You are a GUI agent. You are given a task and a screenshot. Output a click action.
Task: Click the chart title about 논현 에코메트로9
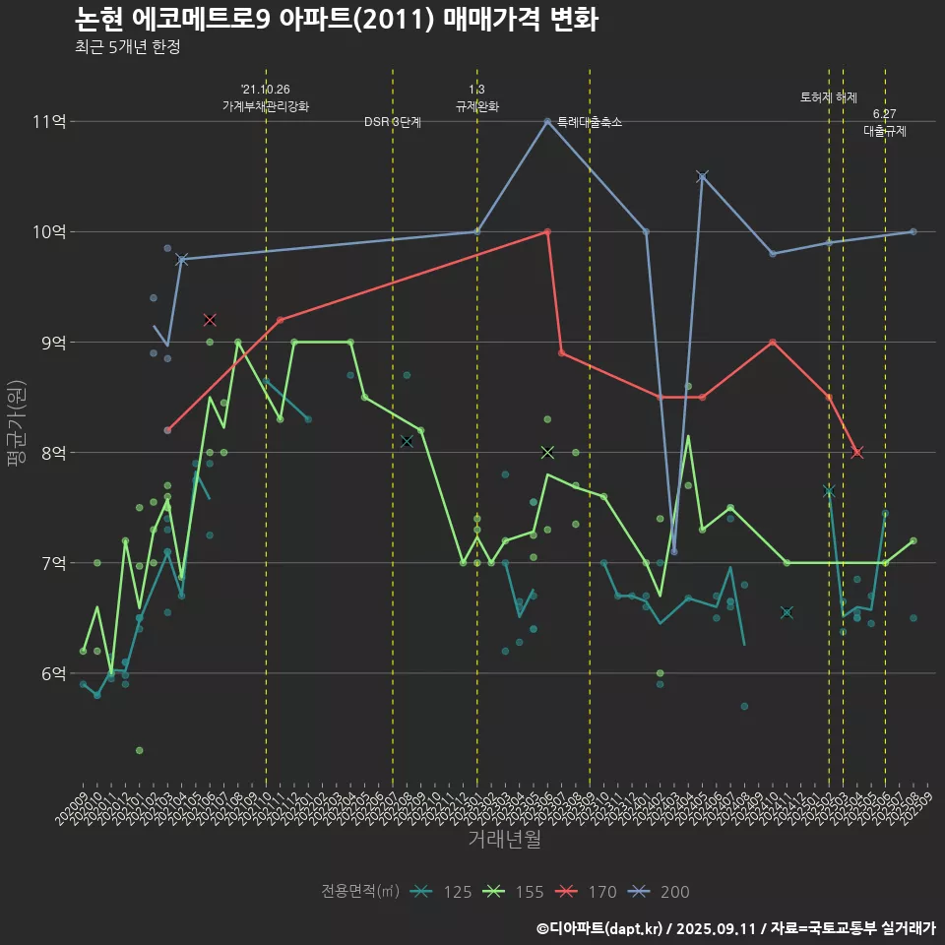coord(337,19)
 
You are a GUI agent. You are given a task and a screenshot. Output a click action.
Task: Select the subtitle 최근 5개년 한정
coord(127,46)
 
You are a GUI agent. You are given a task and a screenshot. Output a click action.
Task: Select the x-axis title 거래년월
coord(504,840)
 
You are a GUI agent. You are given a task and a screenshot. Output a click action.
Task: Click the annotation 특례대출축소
coord(590,122)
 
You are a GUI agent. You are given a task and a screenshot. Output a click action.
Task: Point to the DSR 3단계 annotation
coord(393,122)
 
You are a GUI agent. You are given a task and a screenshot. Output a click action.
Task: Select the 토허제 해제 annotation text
coord(829,97)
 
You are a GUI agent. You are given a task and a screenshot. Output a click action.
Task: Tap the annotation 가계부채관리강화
coord(266,106)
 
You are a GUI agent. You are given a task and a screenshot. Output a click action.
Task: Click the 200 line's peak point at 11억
coord(547,122)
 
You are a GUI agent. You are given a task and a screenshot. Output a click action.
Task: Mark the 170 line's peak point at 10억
coord(547,231)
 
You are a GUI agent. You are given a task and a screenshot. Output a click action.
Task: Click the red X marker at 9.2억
coord(210,320)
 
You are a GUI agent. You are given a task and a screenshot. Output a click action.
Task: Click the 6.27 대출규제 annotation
coord(885,123)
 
